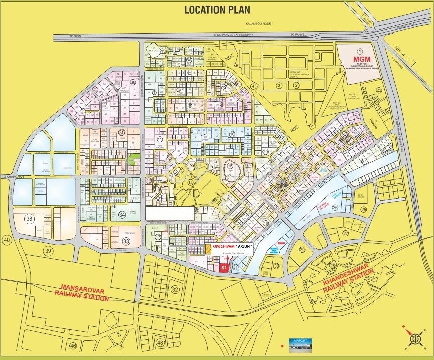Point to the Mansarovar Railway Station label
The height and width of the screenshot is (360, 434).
85,292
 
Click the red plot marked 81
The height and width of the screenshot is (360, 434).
224,268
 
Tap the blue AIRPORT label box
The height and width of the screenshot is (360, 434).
299,343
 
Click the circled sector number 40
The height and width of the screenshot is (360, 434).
7,240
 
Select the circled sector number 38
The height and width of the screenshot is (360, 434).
30,219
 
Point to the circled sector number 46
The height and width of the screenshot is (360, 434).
73,346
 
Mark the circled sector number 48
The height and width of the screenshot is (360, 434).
160,342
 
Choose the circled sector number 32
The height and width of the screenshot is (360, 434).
175,289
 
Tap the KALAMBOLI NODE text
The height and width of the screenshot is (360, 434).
257,24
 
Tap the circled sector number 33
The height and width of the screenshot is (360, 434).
126,241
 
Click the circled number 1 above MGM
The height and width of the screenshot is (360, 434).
359,51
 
